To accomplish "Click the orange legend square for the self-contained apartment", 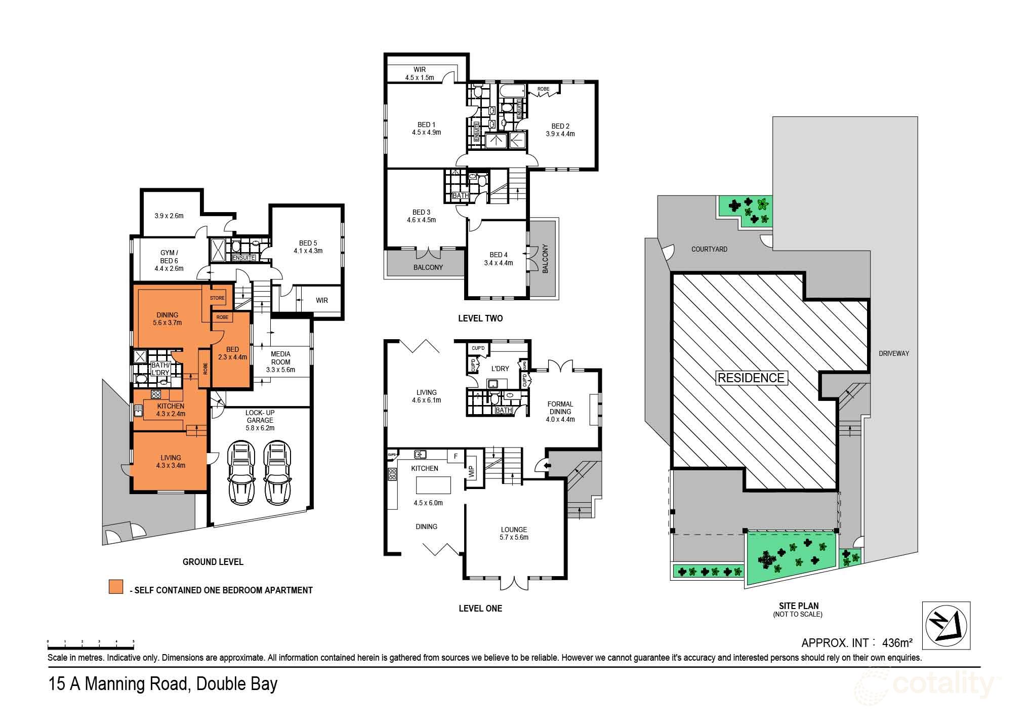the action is pos(116,586).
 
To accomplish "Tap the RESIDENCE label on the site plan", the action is pos(751,378).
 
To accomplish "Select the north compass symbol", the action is pos(946,625).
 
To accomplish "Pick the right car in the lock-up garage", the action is pos(277,470).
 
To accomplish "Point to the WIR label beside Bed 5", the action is pos(322,300).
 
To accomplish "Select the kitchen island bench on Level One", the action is pos(433,485).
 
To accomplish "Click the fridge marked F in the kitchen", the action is pos(456,456).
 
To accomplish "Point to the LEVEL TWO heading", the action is pos(480,318).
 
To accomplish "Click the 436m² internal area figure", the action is pos(897,642).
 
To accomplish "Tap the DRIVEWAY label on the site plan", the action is pos(894,353).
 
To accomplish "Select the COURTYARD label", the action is pos(709,249).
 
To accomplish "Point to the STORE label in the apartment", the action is pos(217,298).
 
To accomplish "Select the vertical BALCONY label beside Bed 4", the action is pos(545,259).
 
